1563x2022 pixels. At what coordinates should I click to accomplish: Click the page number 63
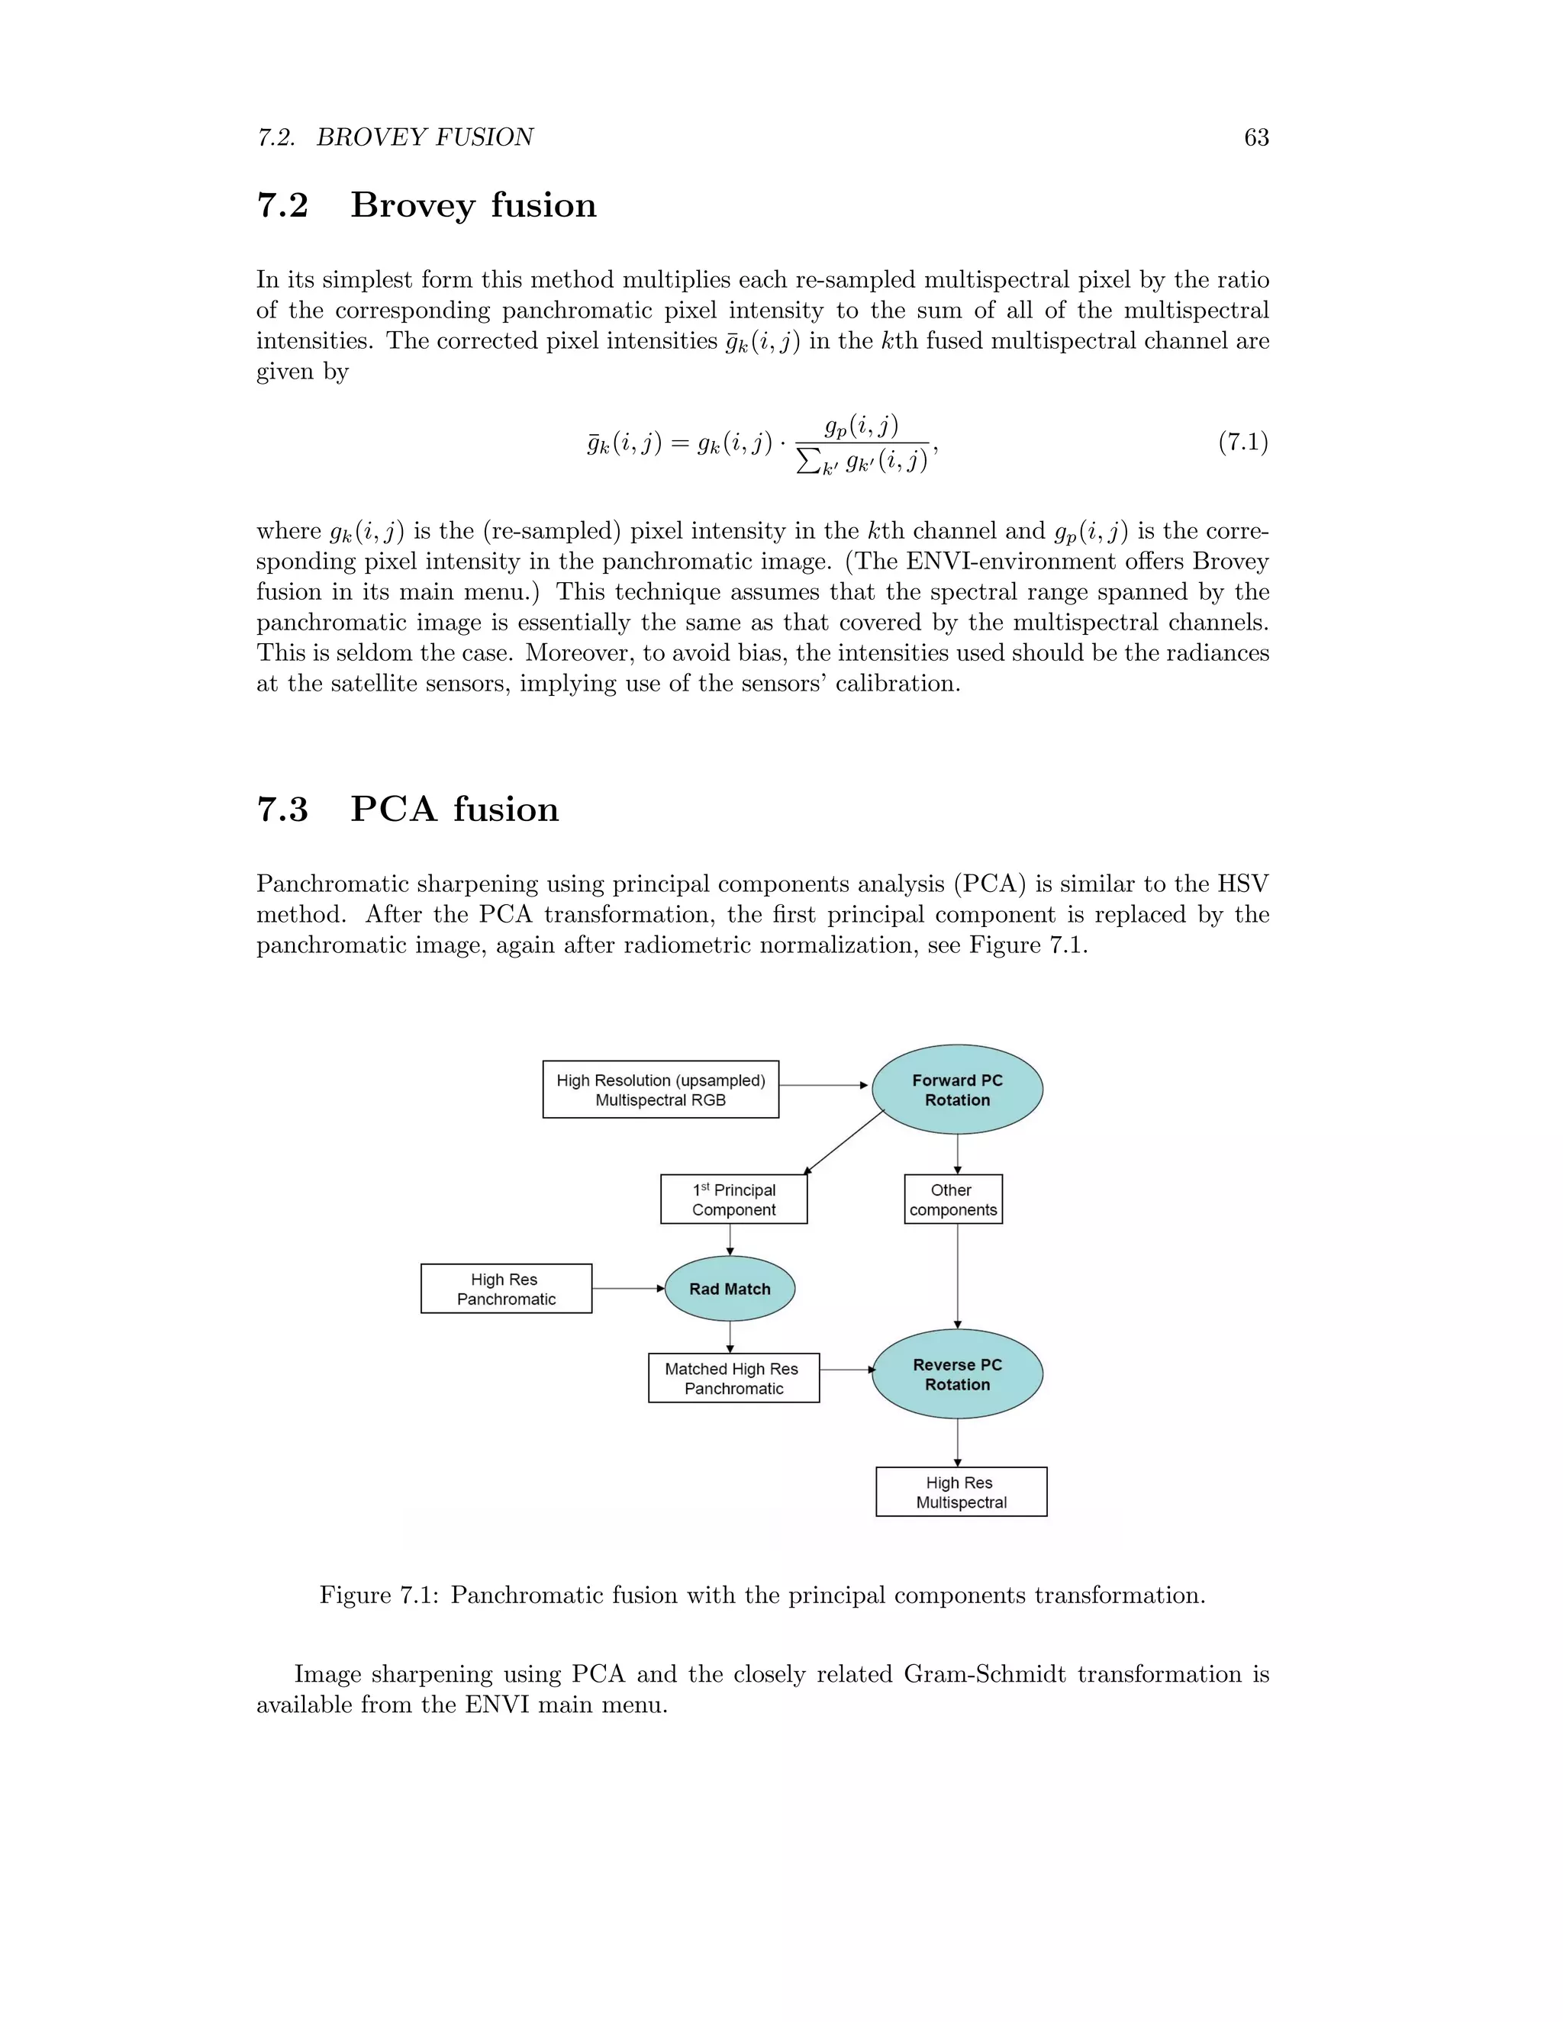(1255, 137)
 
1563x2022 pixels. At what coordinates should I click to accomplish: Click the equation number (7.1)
(1242, 442)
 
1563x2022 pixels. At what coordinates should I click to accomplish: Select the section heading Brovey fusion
(473, 205)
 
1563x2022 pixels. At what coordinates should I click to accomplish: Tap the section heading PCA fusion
(454, 809)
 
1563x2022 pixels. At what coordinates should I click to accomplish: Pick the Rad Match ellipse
(730, 1289)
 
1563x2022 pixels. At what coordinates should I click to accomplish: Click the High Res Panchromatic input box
(505, 1289)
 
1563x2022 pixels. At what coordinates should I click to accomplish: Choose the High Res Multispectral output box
(961, 1492)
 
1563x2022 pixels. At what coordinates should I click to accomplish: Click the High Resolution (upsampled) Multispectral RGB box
(660, 1090)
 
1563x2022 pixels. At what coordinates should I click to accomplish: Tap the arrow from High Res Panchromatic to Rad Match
(628, 1289)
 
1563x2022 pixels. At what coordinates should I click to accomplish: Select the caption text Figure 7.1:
(379, 1595)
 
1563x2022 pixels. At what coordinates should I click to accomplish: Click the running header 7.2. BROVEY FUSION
(395, 137)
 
